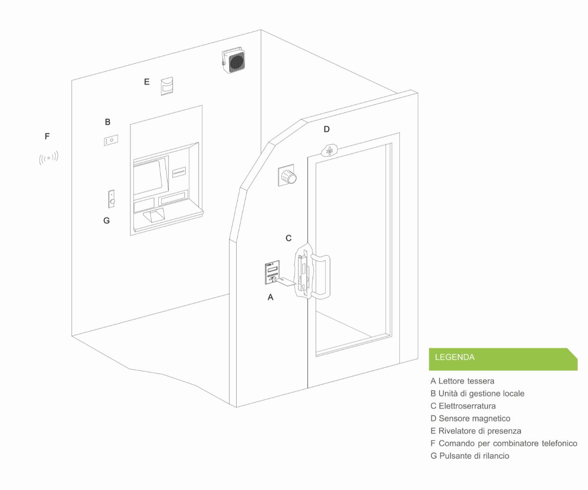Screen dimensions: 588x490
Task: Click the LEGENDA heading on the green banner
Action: (455, 357)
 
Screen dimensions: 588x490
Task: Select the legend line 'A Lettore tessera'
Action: (462, 381)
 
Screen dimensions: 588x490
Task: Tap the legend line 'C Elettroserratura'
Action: (463, 406)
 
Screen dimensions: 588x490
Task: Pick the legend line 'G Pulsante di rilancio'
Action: (470, 456)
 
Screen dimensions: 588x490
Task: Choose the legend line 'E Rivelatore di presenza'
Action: (476, 431)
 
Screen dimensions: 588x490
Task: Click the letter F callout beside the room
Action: (47, 136)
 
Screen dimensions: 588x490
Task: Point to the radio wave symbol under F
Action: (49, 158)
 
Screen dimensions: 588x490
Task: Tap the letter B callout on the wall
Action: (107, 122)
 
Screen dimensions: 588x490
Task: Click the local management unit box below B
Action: (111, 140)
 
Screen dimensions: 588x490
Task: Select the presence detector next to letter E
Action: (167, 86)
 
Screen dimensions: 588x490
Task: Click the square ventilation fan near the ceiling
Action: (234, 61)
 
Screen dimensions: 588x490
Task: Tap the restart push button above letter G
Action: (112, 199)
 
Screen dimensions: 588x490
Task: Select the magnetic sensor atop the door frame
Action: (329, 150)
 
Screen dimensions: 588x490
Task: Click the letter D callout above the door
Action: (326, 129)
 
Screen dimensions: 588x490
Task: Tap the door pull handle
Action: (320, 276)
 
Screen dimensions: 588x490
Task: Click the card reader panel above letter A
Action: (272, 272)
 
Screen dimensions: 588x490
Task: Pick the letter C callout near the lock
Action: (289, 238)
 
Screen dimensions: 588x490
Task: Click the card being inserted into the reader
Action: (286, 282)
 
